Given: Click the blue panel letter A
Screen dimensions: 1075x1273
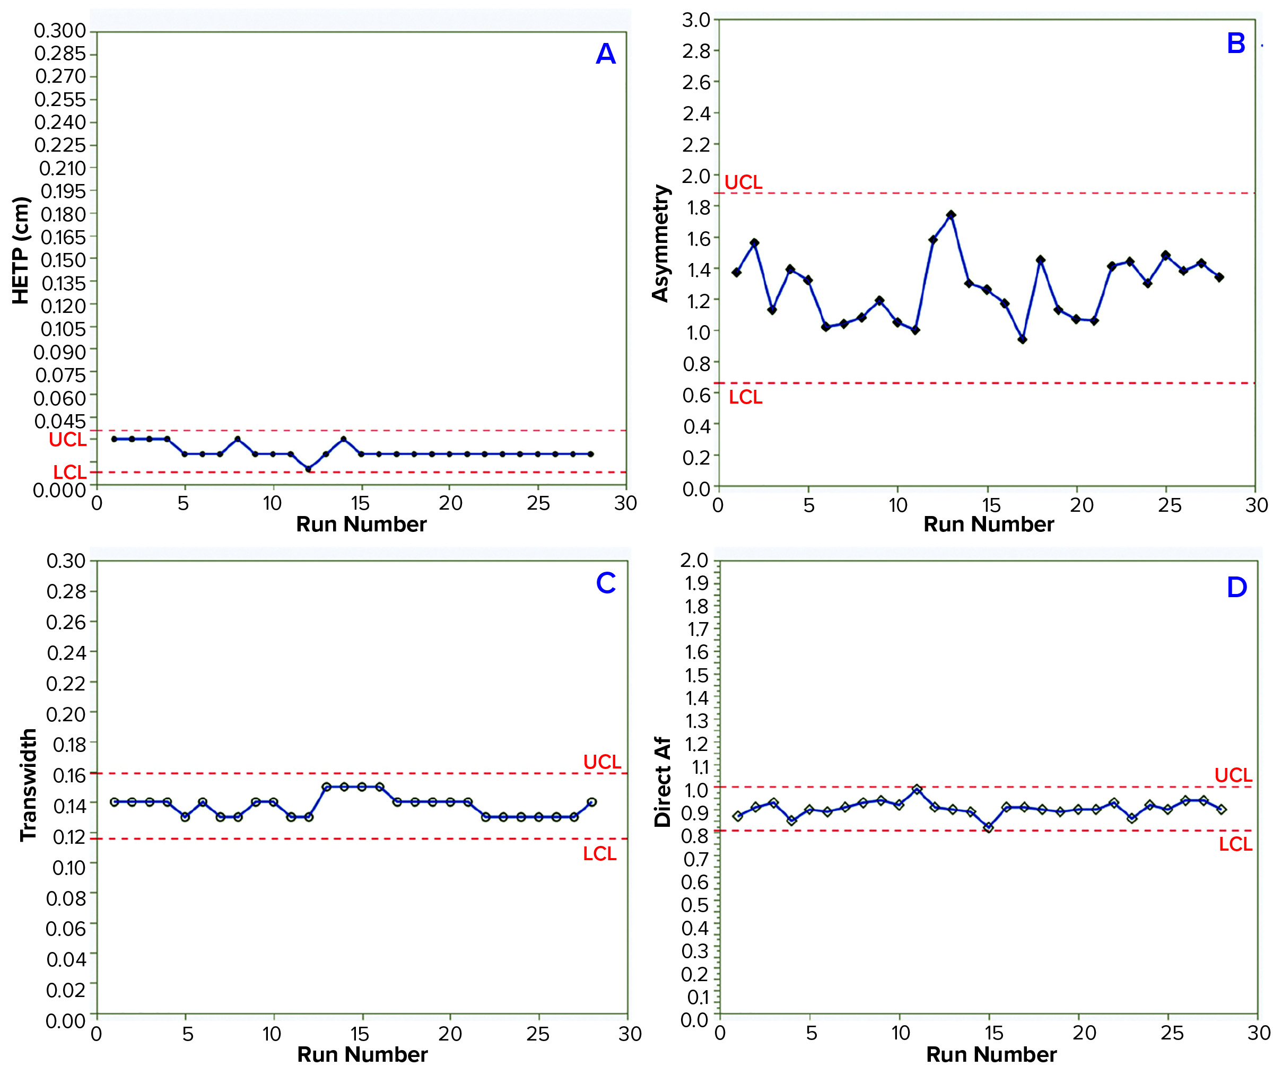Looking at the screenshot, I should [x=605, y=54].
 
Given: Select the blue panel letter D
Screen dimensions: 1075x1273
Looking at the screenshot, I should [x=1236, y=588].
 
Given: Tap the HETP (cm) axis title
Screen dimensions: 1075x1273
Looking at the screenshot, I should [x=21, y=250].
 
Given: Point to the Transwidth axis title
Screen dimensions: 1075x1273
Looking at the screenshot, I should [x=28, y=785].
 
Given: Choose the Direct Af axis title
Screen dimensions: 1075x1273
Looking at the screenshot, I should [x=662, y=782].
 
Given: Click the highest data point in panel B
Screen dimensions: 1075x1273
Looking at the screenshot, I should [x=951, y=215].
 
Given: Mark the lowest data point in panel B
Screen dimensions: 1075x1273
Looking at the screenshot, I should [x=1022, y=339].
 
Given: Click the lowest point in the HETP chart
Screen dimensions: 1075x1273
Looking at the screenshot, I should [x=308, y=469].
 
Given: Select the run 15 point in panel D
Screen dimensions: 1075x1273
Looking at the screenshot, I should [x=988, y=827].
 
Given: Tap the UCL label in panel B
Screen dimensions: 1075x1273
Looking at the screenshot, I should [x=743, y=182].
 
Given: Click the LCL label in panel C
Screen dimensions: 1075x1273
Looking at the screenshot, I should [x=599, y=854].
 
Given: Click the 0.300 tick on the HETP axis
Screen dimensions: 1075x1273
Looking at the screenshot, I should [x=60, y=30].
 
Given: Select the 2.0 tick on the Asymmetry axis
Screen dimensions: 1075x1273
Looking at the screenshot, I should [x=696, y=176].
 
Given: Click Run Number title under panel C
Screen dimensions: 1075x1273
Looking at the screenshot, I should [x=362, y=1054].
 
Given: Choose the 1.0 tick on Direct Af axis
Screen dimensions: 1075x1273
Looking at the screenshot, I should [x=696, y=790].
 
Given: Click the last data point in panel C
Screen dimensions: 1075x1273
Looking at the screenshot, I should [x=590, y=802].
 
